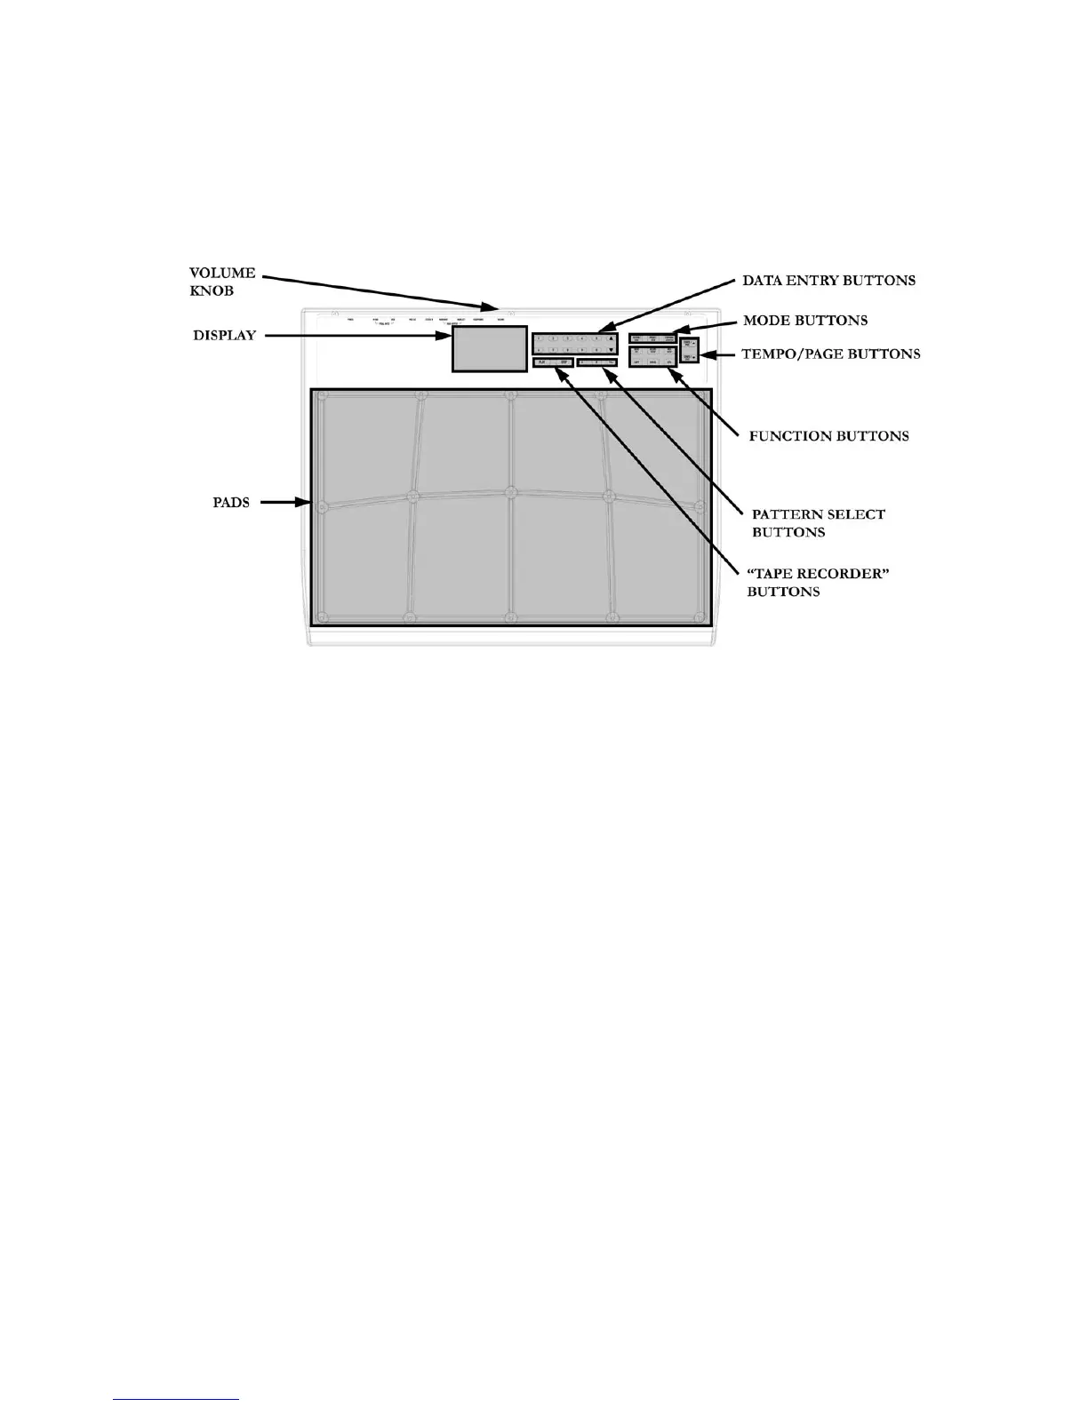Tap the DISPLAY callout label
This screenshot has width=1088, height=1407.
[x=225, y=336]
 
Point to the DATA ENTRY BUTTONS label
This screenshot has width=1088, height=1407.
[x=828, y=281]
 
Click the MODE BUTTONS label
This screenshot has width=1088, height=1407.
[x=805, y=320]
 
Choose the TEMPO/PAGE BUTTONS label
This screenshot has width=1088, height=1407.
[x=830, y=354]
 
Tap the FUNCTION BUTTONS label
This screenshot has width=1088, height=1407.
[x=828, y=436]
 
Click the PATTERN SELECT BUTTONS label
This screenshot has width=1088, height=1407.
[x=818, y=523]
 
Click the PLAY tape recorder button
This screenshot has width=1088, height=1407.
[x=541, y=362]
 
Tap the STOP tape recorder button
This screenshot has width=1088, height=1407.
[x=563, y=362]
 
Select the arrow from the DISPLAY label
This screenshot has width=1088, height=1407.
[x=356, y=336]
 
